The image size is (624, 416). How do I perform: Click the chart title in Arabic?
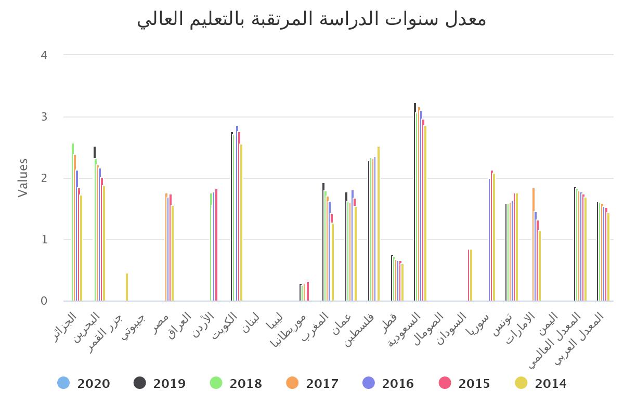click(x=312, y=20)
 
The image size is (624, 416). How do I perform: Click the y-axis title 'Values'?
click(x=23, y=178)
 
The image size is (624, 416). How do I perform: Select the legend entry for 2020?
click(x=84, y=383)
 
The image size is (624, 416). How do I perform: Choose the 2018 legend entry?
click(x=236, y=383)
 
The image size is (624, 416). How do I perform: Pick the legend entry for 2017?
click(x=313, y=383)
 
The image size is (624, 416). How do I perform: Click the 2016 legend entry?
click(x=388, y=383)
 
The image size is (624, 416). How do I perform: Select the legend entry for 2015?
click(x=465, y=383)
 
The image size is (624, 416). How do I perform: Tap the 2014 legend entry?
click(x=541, y=383)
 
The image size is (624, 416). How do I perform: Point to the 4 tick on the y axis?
click(x=44, y=55)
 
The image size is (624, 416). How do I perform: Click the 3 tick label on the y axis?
click(x=44, y=116)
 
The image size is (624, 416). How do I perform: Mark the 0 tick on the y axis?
click(x=44, y=301)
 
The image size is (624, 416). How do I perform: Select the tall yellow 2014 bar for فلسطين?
click(x=379, y=224)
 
